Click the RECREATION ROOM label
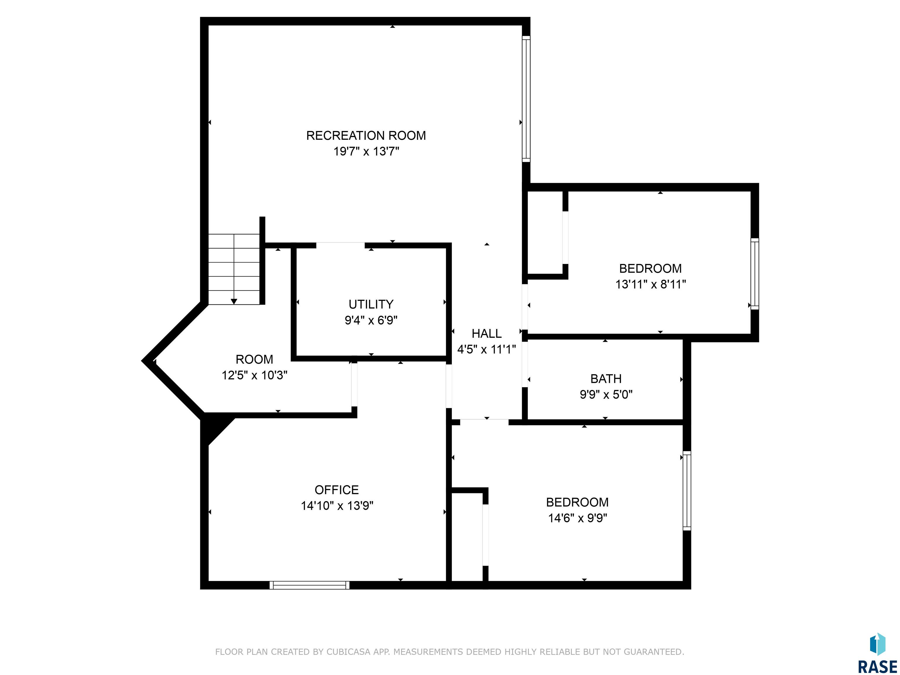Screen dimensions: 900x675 (x=366, y=135)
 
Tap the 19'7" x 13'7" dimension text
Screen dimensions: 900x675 (x=366, y=151)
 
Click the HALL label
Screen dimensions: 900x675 (x=486, y=334)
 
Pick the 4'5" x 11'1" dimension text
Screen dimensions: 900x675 (x=486, y=350)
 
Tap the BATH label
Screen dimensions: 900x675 (x=606, y=379)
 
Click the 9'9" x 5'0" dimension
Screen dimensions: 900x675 (x=606, y=395)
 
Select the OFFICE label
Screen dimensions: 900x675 (x=337, y=490)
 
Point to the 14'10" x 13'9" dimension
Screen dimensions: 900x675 (x=337, y=506)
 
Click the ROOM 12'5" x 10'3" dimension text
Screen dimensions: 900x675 (x=254, y=375)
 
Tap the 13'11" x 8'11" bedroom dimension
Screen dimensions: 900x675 (x=651, y=284)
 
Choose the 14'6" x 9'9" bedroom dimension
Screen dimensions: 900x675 (x=577, y=518)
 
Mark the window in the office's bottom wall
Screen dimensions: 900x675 (x=309, y=585)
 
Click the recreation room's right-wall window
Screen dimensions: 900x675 (x=526, y=99)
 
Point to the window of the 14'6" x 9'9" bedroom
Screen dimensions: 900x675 (x=687, y=491)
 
